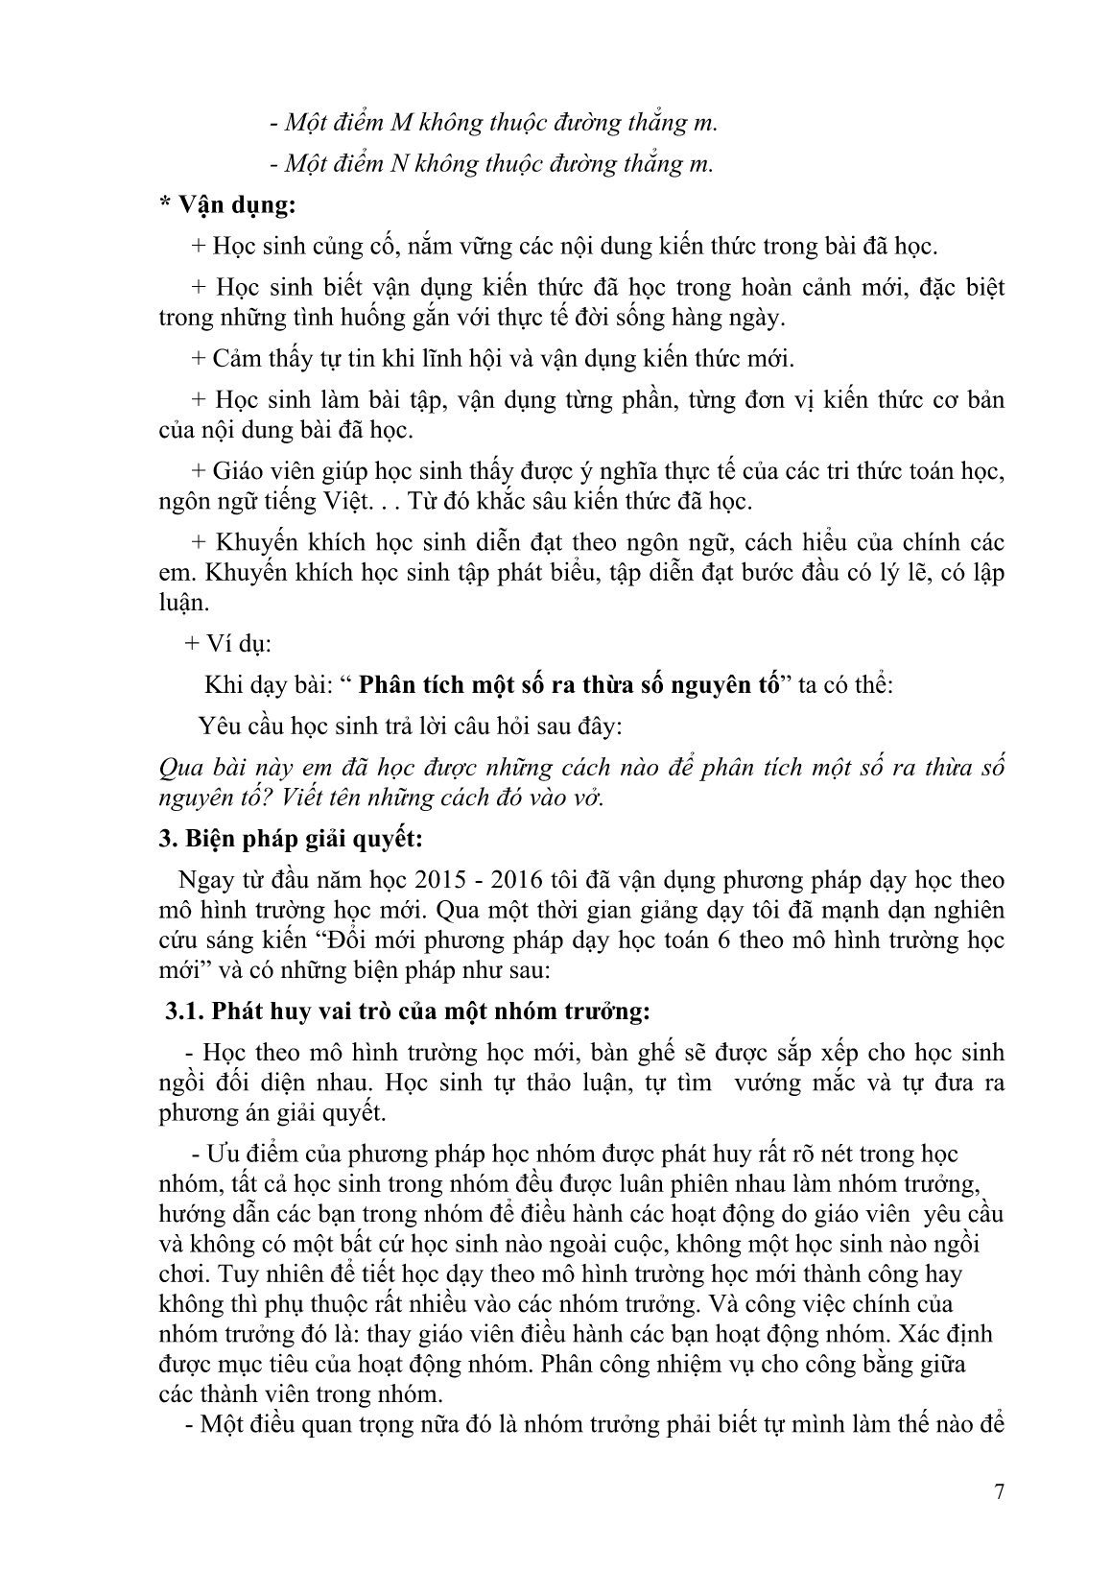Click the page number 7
click(1000, 1490)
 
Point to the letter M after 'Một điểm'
click(404, 123)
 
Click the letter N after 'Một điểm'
click(402, 163)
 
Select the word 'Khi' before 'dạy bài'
click(223, 685)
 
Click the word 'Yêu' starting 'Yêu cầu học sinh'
click(219, 726)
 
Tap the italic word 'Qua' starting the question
click(179, 768)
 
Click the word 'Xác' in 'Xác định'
click(910, 1334)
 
